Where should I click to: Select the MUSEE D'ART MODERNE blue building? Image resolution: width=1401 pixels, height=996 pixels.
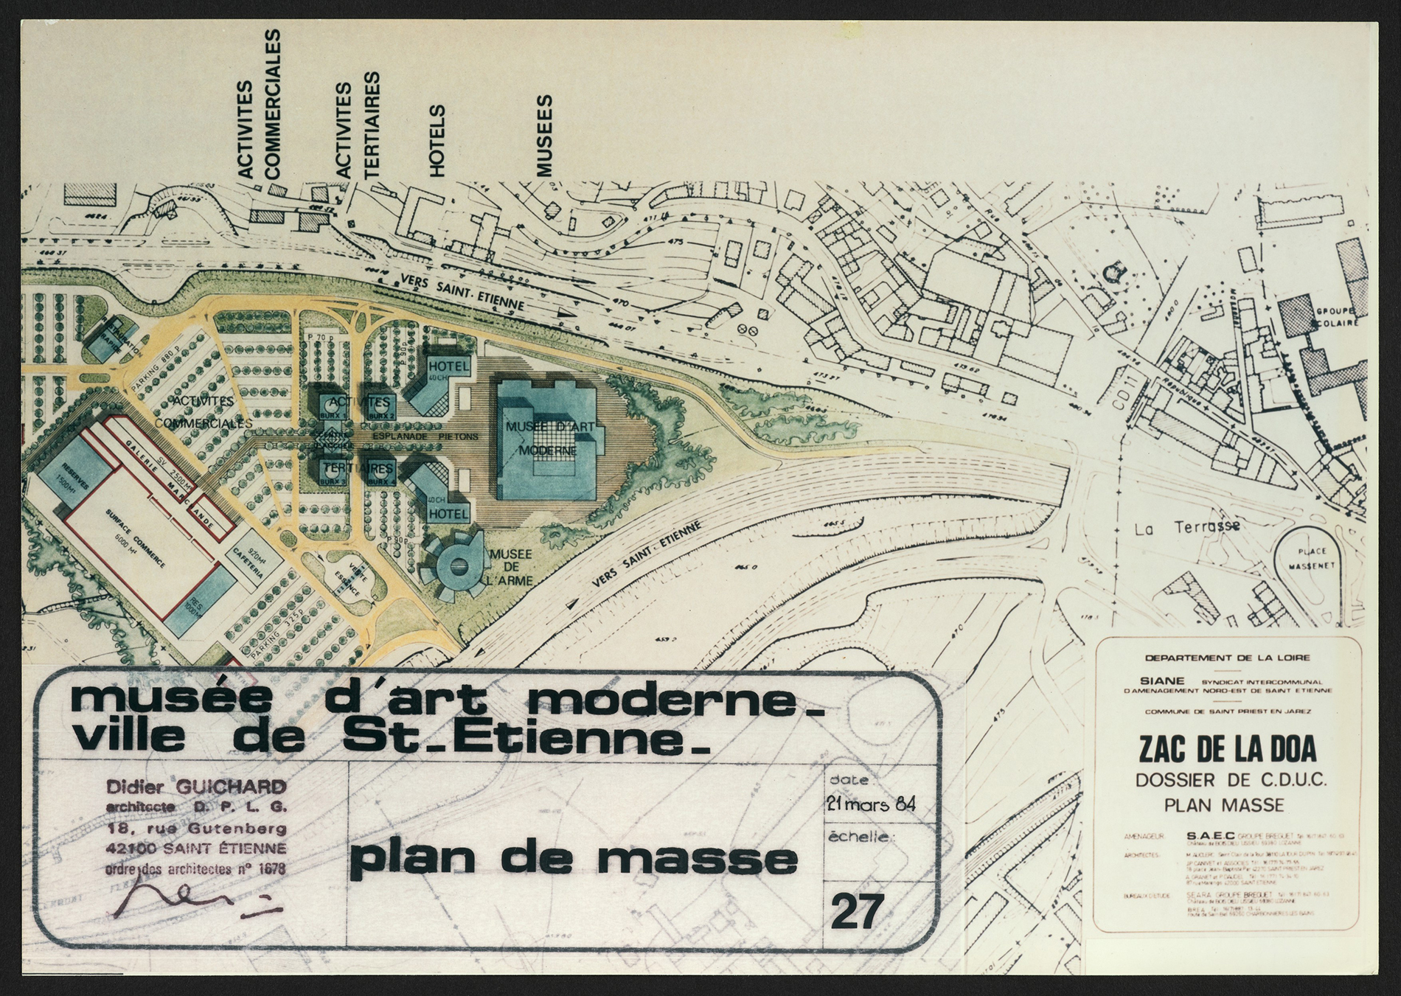pos(549,439)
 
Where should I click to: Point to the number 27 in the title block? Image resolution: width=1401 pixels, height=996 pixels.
pos(857,913)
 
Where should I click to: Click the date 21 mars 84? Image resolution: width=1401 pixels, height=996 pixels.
pos(871,805)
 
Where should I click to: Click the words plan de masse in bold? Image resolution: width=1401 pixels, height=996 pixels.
pos(573,860)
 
